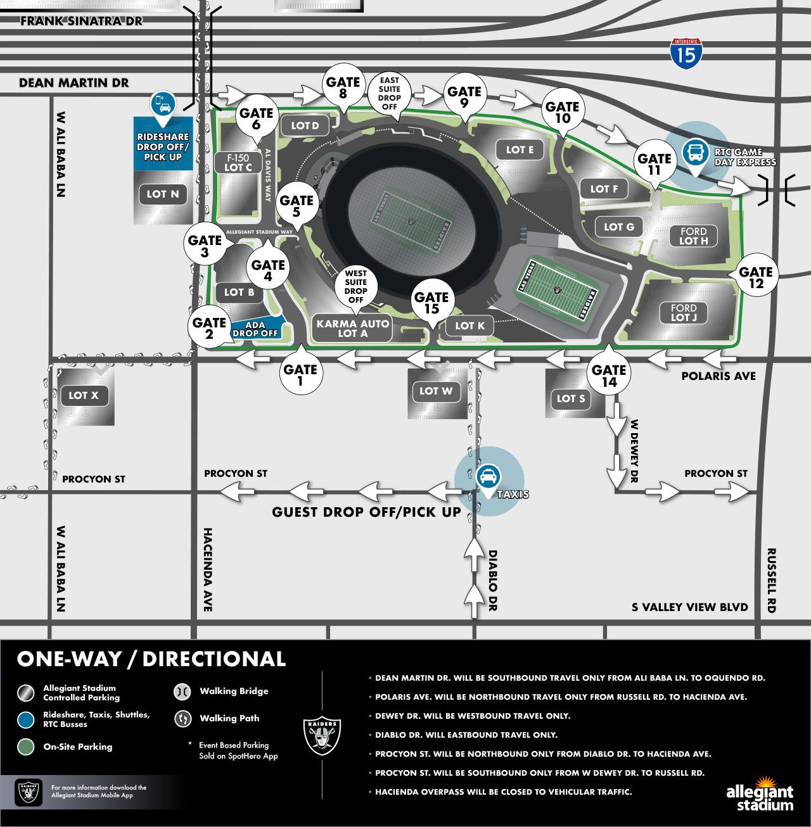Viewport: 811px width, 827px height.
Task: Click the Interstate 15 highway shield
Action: (x=686, y=54)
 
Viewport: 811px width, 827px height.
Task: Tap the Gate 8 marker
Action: (x=343, y=87)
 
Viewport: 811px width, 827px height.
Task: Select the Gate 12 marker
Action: (x=755, y=275)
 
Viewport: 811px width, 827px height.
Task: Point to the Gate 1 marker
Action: (x=301, y=371)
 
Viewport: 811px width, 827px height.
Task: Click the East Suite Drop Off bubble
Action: (x=390, y=94)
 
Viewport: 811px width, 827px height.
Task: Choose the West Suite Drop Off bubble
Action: (x=356, y=287)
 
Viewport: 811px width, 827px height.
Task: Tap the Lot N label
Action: (x=163, y=194)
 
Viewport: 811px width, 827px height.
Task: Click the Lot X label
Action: (x=84, y=396)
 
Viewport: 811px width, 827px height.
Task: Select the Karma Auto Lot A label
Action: (x=353, y=328)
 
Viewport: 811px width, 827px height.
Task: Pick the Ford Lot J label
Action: (x=684, y=313)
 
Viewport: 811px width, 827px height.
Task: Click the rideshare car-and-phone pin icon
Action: (x=163, y=106)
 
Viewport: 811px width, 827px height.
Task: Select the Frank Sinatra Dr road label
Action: (x=81, y=21)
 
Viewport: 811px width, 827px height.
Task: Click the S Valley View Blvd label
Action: (x=690, y=607)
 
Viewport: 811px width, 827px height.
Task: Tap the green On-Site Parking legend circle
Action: (x=26, y=747)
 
